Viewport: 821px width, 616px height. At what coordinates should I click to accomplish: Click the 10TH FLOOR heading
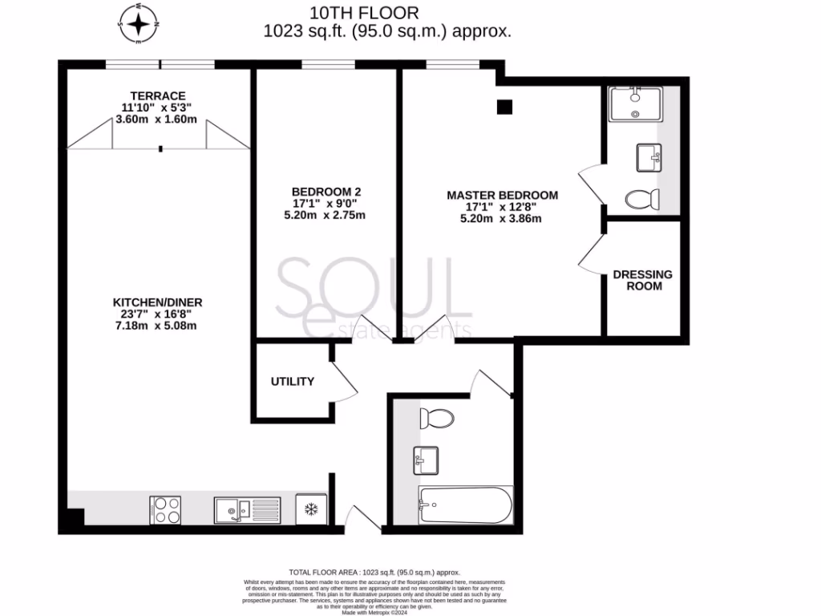pyautogui.click(x=366, y=13)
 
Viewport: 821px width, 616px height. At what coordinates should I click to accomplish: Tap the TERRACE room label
pyautogui.click(x=157, y=95)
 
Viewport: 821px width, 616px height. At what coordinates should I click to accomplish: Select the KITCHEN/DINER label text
pyautogui.click(x=157, y=302)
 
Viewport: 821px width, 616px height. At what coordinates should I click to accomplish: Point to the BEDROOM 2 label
pyautogui.click(x=326, y=192)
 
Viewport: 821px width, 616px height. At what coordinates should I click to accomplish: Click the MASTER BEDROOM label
pyautogui.click(x=502, y=195)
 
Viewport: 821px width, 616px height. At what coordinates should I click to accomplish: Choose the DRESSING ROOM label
pyautogui.click(x=643, y=280)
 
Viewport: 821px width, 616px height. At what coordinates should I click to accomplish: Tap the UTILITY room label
pyautogui.click(x=292, y=382)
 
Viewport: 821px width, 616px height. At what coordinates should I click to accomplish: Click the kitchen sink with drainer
pyautogui.click(x=247, y=509)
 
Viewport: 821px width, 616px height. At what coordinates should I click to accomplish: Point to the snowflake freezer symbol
pyautogui.click(x=311, y=509)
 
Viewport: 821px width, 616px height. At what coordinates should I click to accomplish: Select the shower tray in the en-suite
pyautogui.click(x=635, y=104)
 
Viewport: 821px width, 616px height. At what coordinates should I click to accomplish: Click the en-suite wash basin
pyautogui.click(x=649, y=157)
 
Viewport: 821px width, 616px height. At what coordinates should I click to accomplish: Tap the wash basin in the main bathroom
pyautogui.click(x=426, y=460)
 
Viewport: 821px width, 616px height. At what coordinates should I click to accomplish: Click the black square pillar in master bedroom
pyautogui.click(x=504, y=107)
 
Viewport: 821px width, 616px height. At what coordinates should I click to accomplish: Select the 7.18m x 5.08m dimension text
pyautogui.click(x=157, y=326)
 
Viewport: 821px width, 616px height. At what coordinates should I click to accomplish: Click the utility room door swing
pyautogui.click(x=346, y=380)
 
